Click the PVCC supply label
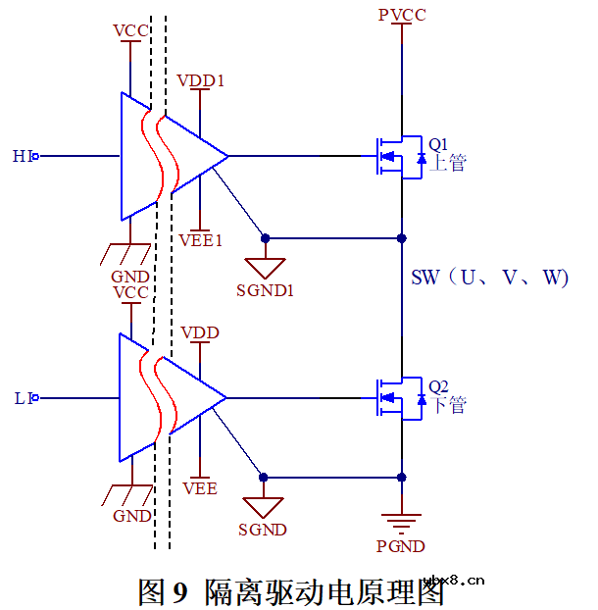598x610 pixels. (402, 14)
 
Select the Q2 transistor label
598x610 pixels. (438, 385)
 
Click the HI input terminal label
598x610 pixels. (23, 156)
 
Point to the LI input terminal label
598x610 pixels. (23, 398)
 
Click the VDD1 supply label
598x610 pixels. (201, 80)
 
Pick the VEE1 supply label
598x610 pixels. (201, 239)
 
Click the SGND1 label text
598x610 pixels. (265, 290)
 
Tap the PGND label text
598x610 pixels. (401, 546)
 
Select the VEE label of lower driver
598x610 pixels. (200, 487)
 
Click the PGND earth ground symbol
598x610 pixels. (401, 521)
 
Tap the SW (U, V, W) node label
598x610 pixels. (489, 278)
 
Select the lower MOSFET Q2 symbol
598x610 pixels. (394, 398)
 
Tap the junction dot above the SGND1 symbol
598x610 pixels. (265, 238)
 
